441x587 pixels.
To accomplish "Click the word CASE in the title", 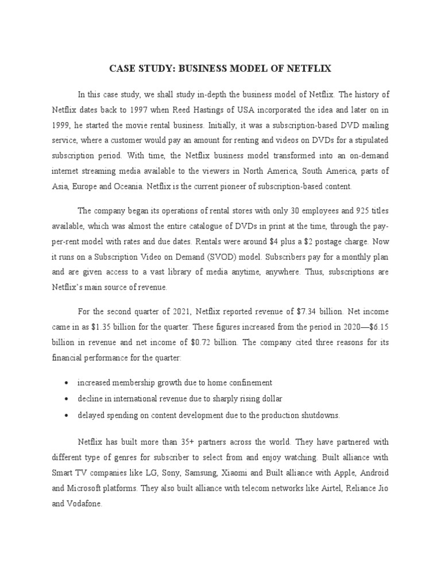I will (x=123, y=69).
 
